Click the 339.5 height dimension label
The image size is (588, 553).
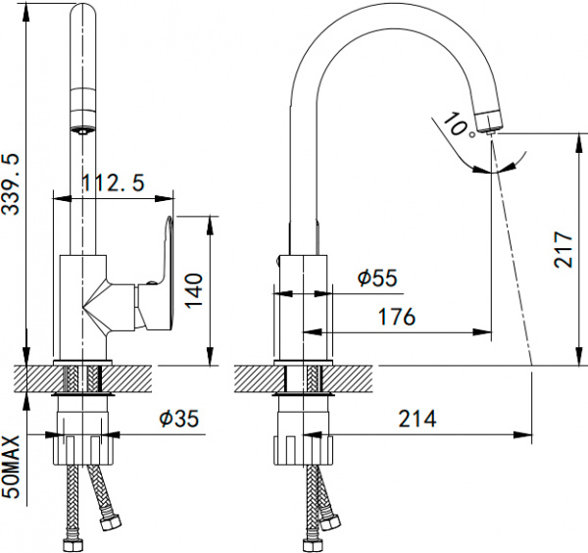[11, 184]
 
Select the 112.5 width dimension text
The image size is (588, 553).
[113, 183]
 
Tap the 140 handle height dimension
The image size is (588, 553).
[195, 291]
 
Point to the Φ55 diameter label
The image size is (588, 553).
[377, 278]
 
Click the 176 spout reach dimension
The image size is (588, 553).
[397, 317]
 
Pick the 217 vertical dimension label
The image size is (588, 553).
[563, 249]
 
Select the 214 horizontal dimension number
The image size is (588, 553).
[417, 419]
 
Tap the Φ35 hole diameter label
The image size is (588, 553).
[179, 418]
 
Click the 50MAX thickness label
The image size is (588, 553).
[11, 467]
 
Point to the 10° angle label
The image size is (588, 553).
[459, 125]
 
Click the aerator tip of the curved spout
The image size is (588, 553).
[490, 130]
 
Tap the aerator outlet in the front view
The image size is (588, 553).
[83, 130]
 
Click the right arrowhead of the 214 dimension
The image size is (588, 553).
[522, 434]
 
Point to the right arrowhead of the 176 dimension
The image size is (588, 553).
[482, 332]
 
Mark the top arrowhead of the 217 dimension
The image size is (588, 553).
[580, 142]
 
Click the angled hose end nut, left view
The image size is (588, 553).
[112, 522]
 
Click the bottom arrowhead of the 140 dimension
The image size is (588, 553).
[210, 356]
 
